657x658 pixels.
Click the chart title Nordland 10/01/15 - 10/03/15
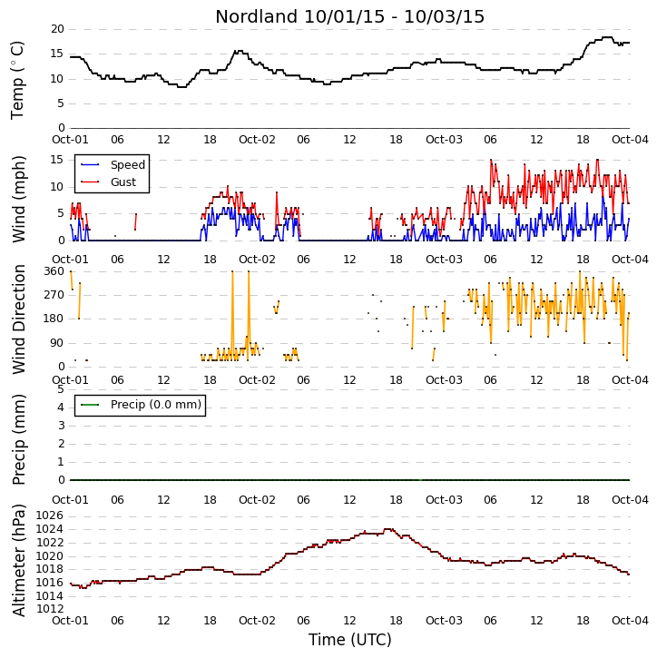[x=350, y=16]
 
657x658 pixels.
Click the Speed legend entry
[x=113, y=165]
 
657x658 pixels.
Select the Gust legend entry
[x=109, y=182]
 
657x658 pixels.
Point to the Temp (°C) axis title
[x=17, y=80]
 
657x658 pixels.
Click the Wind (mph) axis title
[x=18, y=200]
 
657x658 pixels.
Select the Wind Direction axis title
[x=18, y=319]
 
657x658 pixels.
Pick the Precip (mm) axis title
[x=18, y=440]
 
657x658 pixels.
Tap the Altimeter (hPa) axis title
[x=18, y=560]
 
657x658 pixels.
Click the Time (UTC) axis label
[x=350, y=640]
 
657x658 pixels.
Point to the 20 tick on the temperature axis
[x=57, y=29]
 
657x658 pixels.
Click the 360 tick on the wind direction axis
[x=54, y=271]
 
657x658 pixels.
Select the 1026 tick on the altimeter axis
[x=50, y=516]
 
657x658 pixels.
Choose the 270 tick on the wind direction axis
[x=54, y=295]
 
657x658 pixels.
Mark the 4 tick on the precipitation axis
[x=61, y=408]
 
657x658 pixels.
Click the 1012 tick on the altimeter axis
[x=50, y=609]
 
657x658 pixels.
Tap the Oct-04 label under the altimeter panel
[x=630, y=620]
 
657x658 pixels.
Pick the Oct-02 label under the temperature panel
[x=257, y=140]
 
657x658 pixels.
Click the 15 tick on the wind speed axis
[x=57, y=160]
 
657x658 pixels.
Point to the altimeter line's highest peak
[x=389, y=530]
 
